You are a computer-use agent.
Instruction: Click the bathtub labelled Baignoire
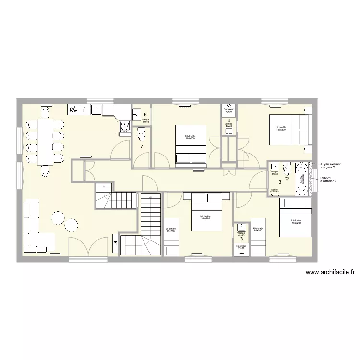click(302, 179)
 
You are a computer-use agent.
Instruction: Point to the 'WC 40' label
click(287, 178)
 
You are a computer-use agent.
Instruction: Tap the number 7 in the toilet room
click(141, 146)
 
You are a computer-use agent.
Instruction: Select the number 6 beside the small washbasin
click(145, 114)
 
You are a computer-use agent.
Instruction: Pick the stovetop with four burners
click(125, 126)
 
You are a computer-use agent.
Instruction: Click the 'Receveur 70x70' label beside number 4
click(228, 110)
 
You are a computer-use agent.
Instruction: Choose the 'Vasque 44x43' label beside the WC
click(275, 172)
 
